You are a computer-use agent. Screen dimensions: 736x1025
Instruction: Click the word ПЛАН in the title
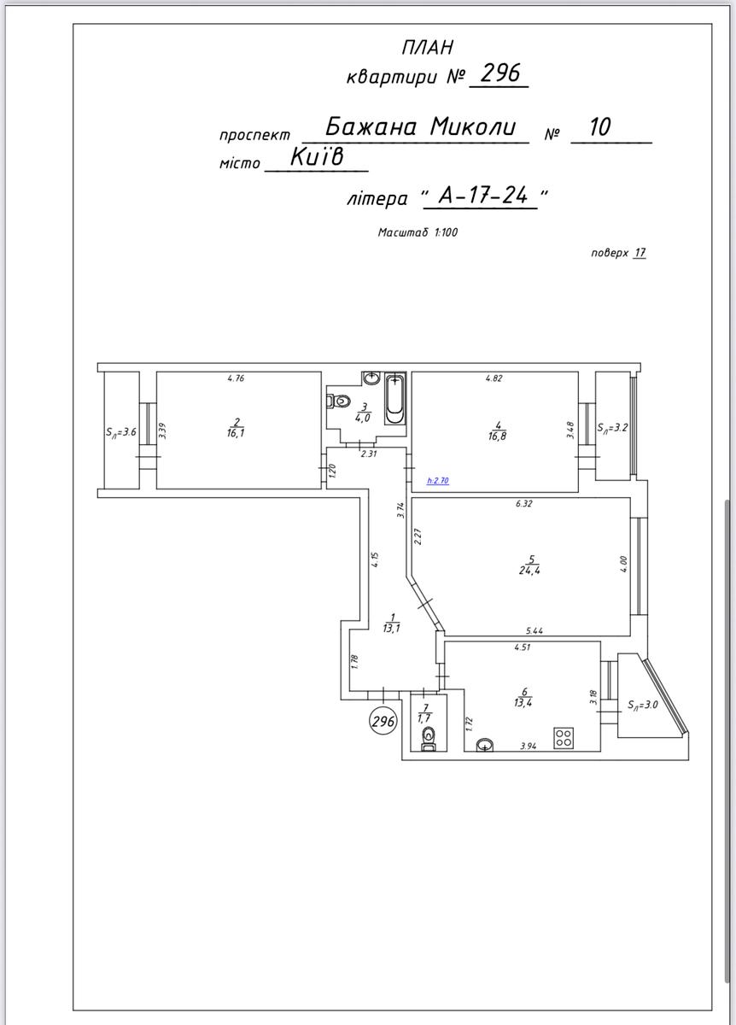coord(428,48)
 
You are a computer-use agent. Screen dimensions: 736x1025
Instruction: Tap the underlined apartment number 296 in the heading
coord(500,73)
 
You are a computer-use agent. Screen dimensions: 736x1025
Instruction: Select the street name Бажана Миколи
coord(420,126)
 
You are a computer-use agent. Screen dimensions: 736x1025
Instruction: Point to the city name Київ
coord(317,157)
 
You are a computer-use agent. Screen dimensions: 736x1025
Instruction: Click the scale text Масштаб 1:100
coord(418,232)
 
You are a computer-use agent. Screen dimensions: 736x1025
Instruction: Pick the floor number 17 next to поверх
coord(640,252)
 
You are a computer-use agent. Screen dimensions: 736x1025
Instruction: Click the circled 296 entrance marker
coord(383,721)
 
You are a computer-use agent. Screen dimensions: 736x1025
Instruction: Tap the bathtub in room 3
coord(394,399)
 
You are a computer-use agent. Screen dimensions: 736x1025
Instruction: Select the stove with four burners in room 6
coord(564,738)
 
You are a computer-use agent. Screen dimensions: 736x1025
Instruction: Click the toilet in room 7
coord(428,740)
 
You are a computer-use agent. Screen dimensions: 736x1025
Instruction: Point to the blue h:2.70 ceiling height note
coord(438,481)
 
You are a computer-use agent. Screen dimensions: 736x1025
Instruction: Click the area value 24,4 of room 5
coord(529,571)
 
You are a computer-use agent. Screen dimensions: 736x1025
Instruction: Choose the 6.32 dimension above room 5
coord(523,504)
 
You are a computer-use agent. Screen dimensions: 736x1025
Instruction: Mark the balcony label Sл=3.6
coord(121,432)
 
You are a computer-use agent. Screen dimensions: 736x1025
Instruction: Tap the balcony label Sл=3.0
coord(643,705)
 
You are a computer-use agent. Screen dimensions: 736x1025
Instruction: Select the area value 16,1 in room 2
coord(235,433)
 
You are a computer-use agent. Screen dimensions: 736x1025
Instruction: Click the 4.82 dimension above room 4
coord(494,378)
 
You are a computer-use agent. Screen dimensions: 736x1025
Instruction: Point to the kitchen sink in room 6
coord(485,746)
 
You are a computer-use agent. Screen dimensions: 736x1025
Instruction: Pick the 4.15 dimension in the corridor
coord(375,560)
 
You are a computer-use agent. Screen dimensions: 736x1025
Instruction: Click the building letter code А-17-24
coord(483,196)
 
